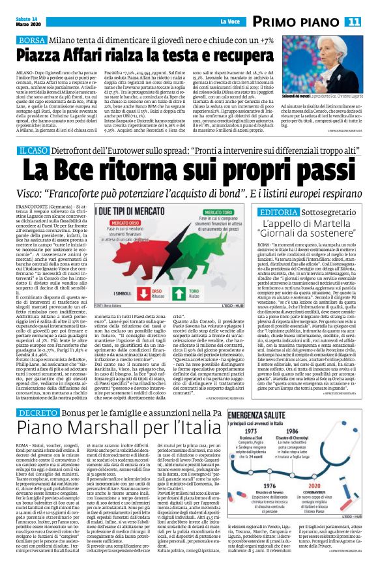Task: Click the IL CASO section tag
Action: click(x=33, y=151)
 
